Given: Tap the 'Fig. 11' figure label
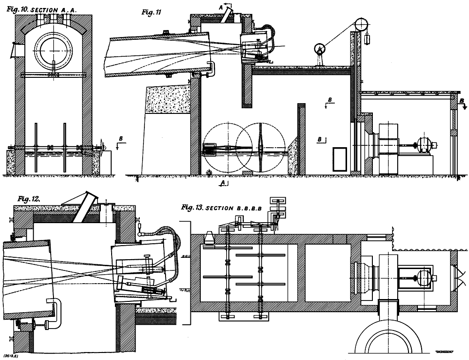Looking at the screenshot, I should tap(151, 13).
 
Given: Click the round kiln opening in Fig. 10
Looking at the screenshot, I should tap(55, 51).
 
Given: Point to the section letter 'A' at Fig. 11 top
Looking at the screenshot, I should tap(221, 5).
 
